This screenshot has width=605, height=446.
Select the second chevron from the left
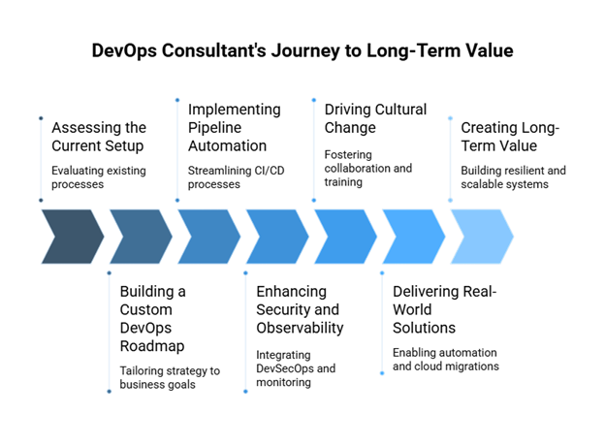(x=140, y=237)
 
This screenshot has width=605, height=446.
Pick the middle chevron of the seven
(x=276, y=237)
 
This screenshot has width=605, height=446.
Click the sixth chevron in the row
(x=413, y=237)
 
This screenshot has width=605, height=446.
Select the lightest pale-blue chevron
(x=481, y=237)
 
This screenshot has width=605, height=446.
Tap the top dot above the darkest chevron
(x=41, y=118)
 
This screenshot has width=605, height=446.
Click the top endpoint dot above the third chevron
(x=177, y=100)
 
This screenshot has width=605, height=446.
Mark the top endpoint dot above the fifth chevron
(x=313, y=100)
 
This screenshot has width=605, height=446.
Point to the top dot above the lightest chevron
(x=450, y=118)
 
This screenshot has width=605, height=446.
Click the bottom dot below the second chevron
(x=109, y=392)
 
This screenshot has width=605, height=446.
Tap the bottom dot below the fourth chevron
(x=245, y=392)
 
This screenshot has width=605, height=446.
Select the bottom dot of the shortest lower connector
(x=382, y=373)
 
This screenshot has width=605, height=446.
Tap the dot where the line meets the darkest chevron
(x=41, y=201)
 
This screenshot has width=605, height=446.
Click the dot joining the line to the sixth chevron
(x=382, y=273)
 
